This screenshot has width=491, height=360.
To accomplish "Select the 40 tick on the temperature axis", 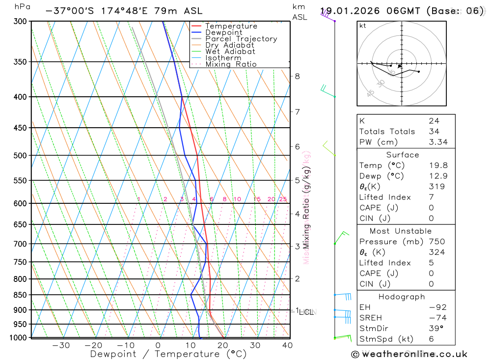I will tap(287, 345).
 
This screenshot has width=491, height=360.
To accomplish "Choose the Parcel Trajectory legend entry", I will tap(241, 39).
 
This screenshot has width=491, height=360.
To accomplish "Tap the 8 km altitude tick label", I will tap(297, 76).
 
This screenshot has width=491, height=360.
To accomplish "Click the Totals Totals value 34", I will tap(434, 131).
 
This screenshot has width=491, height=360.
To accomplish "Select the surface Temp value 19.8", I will tap(438, 166).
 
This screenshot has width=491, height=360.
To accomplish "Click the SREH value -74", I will tap(437, 318).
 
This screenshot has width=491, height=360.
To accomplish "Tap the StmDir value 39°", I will tap(436, 329).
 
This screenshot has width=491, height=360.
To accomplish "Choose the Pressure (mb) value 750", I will tap(436, 242).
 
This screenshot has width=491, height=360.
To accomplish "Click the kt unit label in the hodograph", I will tap(362, 26).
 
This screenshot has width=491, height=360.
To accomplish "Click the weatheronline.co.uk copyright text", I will tap(409, 354).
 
